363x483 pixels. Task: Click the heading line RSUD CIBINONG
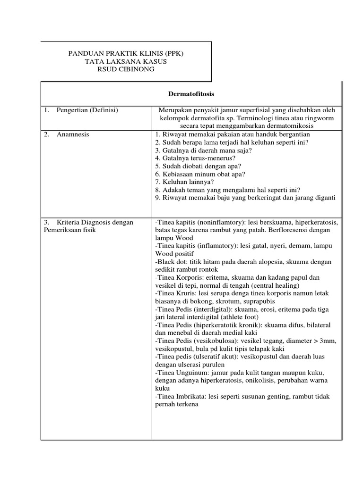pos(126,70)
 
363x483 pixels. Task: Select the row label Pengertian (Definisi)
pos(87,110)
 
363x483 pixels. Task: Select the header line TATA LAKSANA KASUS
pos(126,62)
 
